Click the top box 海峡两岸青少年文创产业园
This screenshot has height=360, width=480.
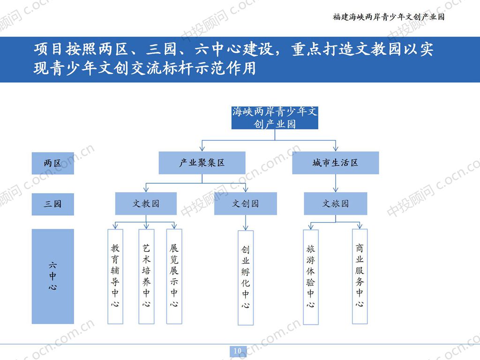click(x=275, y=117)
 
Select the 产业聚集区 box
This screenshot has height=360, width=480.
click(x=202, y=163)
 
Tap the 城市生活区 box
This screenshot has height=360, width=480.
click(x=335, y=163)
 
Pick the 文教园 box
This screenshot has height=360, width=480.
click(x=146, y=204)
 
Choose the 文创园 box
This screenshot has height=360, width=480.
click(x=245, y=204)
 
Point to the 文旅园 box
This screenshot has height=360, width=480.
click(x=335, y=204)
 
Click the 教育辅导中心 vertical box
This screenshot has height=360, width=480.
click(x=115, y=277)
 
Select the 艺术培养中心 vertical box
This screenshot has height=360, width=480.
click(x=146, y=277)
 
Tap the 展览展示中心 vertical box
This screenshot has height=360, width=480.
click(x=174, y=277)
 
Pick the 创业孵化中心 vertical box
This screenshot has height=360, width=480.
click(x=246, y=277)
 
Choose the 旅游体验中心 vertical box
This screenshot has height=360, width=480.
click(x=310, y=277)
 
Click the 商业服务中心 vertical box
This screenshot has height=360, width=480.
click(x=360, y=277)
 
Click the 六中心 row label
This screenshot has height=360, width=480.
click(x=52, y=277)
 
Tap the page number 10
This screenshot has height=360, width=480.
click(x=238, y=351)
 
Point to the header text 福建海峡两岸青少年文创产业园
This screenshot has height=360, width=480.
click(x=388, y=17)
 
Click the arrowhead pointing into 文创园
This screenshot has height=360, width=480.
click(x=246, y=190)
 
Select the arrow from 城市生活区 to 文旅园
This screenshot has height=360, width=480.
click(x=335, y=183)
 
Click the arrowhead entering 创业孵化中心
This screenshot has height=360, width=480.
click(x=246, y=227)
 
